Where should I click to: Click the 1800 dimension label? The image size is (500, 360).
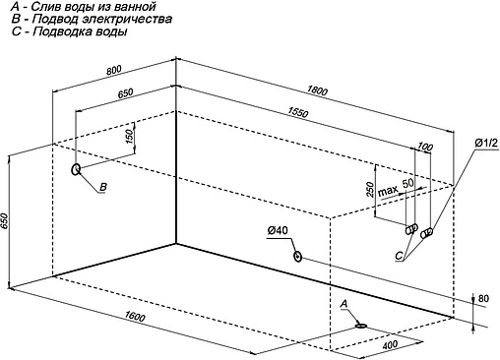tap(317, 90)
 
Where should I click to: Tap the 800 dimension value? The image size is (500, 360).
tap(114, 70)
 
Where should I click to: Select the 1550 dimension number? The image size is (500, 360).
tap(298, 112)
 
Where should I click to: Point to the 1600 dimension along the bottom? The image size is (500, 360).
tap(135, 317)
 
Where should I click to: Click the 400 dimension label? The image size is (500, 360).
tap(390, 344)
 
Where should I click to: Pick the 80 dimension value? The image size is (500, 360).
tap(483, 298)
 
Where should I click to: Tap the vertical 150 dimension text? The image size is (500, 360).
tap(130, 136)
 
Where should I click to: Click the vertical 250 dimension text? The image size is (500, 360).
tap(370, 190)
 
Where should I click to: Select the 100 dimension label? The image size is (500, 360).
tap(425, 147)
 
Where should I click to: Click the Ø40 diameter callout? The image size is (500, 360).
tap(278, 231)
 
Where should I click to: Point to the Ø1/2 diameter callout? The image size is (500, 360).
tap(486, 143)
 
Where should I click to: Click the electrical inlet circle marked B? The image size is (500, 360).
tap(76, 169)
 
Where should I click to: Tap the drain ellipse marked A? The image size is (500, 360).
tap(361, 326)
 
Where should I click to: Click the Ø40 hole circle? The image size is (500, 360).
tap(298, 256)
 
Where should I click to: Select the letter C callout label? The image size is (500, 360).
tap(399, 256)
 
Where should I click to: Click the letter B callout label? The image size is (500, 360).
tap(103, 187)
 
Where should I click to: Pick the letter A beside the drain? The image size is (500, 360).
tap(344, 304)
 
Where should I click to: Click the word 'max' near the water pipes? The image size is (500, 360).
tap(388, 190)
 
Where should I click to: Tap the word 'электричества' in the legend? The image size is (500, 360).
tap(127, 19)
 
